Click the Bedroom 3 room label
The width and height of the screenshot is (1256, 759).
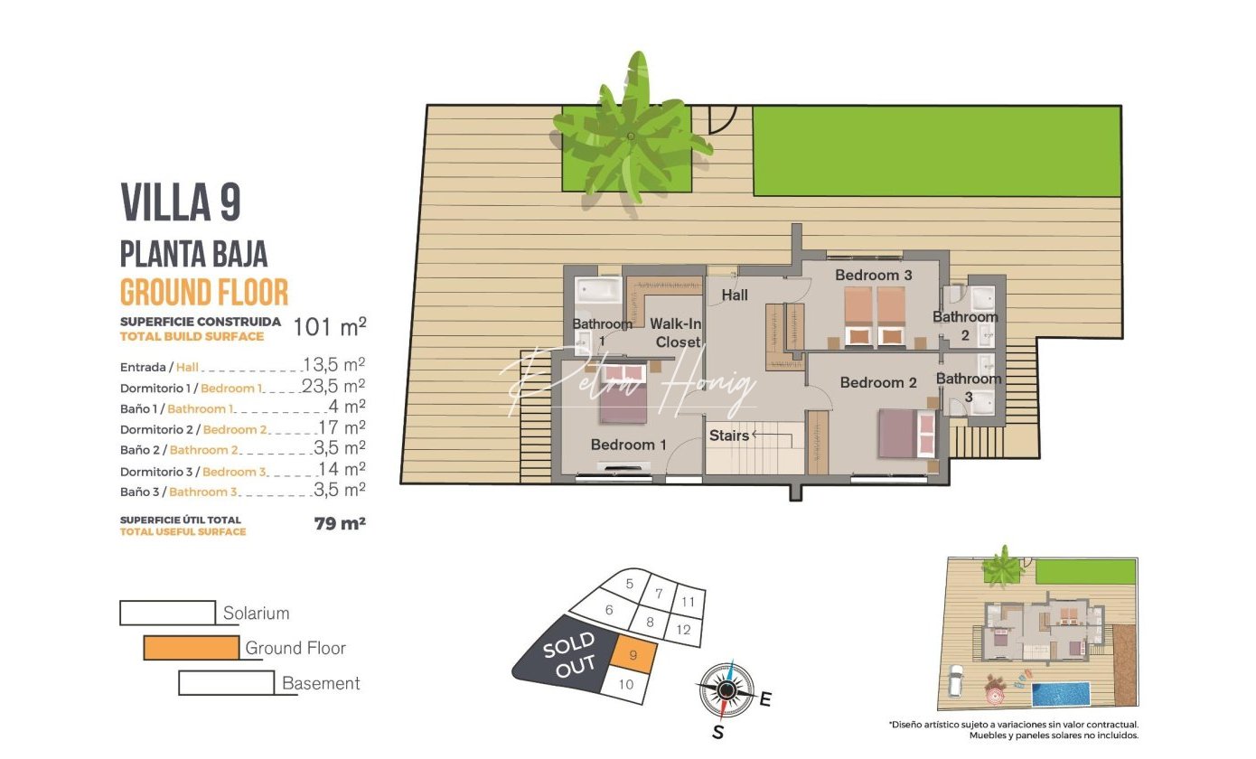(x=873, y=276)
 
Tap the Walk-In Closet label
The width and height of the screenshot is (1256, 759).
(x=676, y=333)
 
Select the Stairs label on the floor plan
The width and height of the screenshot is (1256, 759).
(x=729, y=436)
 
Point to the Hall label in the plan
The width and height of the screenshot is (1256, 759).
(x=735, y=295)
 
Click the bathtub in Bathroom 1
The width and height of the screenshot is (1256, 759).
(x=599, y=290)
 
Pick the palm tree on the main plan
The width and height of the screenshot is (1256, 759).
(x=631, y=135)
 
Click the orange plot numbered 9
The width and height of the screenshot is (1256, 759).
(x=633, y=655)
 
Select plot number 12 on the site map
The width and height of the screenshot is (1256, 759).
(x=683, y=630)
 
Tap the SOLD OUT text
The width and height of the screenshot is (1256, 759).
(x=569, y=656)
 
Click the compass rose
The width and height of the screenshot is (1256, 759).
(x=726, y=690)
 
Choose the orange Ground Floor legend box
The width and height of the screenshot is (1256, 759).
(x=192, y=648)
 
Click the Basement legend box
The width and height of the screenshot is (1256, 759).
(x=227, y=683)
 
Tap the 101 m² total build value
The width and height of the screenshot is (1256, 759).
(x=330, y=326)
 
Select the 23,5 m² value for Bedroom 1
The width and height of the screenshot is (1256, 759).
(x=333, y=386)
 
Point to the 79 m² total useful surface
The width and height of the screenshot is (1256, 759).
(x=340, y=523)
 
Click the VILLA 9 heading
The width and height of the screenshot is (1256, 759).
(x=181, y=202)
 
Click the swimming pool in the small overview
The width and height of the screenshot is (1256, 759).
(x=1061, y=694)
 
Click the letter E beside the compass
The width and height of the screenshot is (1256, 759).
(x=765, y=699)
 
